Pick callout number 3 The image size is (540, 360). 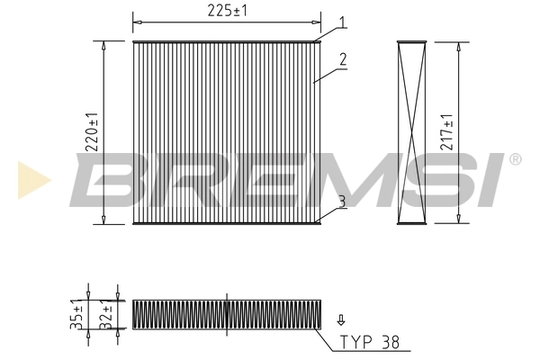point(342,201)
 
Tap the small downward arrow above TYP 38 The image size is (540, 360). point(340,319)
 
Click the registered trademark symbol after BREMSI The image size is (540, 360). point(514,159)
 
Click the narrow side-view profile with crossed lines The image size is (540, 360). point(411,132)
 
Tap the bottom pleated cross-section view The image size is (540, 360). point(226,313)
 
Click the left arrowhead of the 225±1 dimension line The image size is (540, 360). point(136,18)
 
